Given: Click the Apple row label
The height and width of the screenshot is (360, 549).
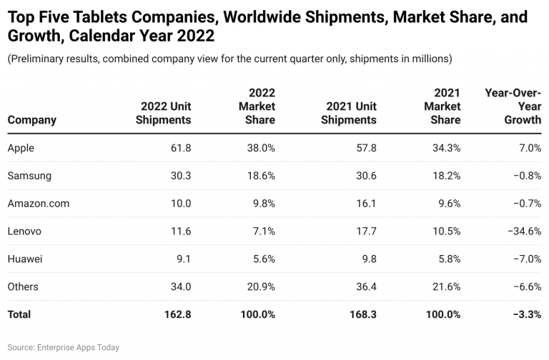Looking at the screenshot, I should (21, 148).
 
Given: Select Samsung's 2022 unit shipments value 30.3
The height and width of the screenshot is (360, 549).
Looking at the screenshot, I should (178, 176).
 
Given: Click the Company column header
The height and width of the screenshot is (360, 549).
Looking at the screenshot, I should (31, 120).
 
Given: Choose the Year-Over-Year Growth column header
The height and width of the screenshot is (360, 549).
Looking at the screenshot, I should (513, 106).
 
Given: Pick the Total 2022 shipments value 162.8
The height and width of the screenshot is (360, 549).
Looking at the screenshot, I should (174, 314).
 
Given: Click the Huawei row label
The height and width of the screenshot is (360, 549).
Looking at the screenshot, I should (25, 259).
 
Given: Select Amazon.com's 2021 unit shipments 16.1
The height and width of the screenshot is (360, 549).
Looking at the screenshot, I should (364, 204).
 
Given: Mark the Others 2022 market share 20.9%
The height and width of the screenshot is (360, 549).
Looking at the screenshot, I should (257, 286).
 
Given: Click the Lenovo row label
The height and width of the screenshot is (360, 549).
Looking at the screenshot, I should (24, 231).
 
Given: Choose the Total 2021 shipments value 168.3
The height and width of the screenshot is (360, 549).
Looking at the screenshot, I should (360, 314).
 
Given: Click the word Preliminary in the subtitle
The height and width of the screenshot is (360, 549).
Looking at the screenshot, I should (39, 59).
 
